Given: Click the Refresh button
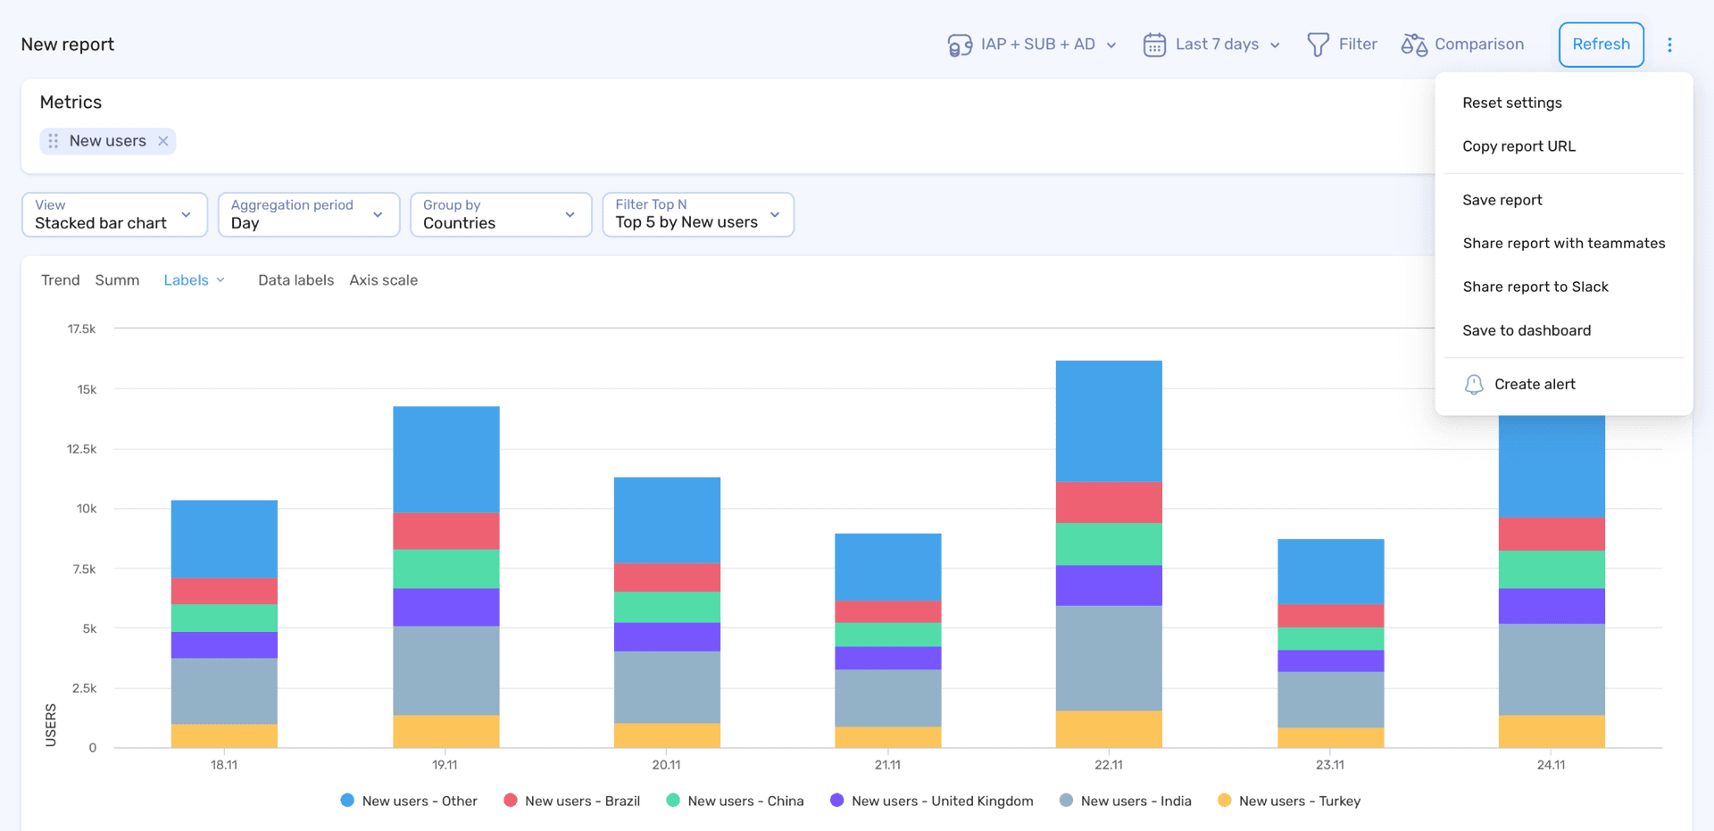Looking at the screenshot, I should tap(1601, 45).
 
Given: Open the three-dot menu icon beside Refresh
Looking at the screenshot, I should tap(1669, 45).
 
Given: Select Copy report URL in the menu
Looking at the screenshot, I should tap(1518, 146).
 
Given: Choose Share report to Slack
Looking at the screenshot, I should tap(1535, 287).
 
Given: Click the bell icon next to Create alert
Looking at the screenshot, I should tap(1474, 385).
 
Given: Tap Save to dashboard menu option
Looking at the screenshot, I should tap(1526, 330).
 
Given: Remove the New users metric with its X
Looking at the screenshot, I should tap(163, 141).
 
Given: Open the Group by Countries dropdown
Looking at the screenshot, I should tap(500, 215).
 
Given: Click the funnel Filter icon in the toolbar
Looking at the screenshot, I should tap(1318, 45).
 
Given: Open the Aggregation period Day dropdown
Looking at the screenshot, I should tap(308, 215).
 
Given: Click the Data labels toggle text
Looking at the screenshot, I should tap(295, 280).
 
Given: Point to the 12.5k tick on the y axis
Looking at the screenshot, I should tap(81, 449).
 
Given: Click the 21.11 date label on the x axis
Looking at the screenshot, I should tap(887, 765).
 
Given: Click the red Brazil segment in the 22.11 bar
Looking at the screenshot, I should tap(1109, 503).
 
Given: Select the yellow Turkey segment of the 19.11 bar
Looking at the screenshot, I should tap(445, 731).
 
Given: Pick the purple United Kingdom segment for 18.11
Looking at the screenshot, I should tap(224, 644).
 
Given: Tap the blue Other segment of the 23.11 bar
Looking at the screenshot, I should tap(1330, 571).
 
